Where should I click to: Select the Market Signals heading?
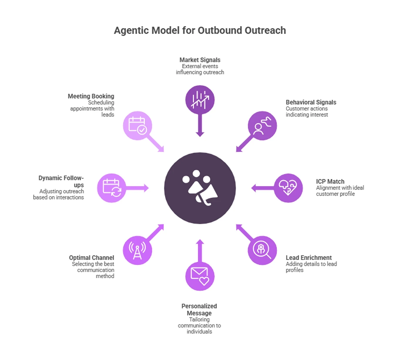click(200, 60)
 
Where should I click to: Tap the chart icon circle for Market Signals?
click(200, 100)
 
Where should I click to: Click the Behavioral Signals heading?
click(311, 102)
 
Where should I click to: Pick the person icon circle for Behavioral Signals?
click(262, 126)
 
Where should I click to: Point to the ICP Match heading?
click(330, 182)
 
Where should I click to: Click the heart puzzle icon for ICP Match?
click(288, 188)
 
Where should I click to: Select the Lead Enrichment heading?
click(308, 258)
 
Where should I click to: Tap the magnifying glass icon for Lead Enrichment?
click(262, 250)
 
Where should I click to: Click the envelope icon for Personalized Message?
click(200, 276)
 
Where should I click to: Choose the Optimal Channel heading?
click(91, 258)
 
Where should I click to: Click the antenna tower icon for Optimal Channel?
click(137, 250)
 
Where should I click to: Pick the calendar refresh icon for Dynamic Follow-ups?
click(112, 188)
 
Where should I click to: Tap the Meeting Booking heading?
click(91, 96)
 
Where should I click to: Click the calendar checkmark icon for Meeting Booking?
click(137, 126)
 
